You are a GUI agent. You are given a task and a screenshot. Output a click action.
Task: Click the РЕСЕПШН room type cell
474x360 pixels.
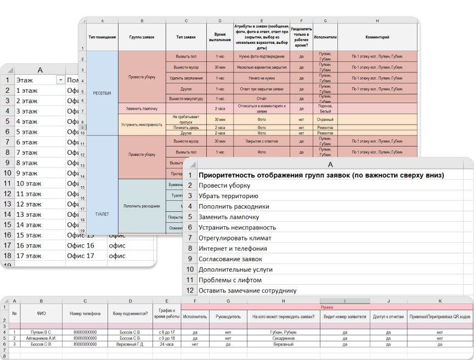pyautogui.click(x=102, y=93)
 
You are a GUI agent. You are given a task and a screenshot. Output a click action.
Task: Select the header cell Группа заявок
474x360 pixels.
pyautogui.click(x=142, y=37)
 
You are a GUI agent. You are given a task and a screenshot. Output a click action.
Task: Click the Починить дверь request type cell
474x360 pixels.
pyautogui.click(x=186, y=127)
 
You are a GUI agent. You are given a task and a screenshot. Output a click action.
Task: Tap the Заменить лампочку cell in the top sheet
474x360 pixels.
pyautogui.click(x=142, y=109)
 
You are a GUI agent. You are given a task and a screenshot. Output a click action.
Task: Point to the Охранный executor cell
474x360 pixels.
pyautogui.click(x=325, y=119)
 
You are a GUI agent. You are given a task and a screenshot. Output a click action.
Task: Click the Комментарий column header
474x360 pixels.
pyautogui.click(x=377, y=37)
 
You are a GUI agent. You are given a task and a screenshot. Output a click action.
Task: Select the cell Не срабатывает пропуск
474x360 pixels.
pyautogui.click(x=186, y=119)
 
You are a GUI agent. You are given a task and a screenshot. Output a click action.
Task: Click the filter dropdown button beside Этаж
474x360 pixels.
pyautogui.click(x=60, y=80)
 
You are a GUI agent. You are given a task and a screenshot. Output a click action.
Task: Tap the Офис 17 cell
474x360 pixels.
pyautogui.click(x=81, y=256)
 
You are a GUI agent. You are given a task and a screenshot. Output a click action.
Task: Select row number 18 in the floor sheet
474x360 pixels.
pyautogui.click(x=7, y=256)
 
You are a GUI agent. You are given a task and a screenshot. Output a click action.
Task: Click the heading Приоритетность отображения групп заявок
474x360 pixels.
pyautogui.click(x=321, y=175)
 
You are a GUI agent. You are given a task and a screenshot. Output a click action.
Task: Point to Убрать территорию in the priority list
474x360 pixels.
pyautogui.click(x=228, y=196)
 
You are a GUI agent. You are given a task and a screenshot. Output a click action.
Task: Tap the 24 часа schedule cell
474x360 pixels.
pyautogui.click(x=167, y=344)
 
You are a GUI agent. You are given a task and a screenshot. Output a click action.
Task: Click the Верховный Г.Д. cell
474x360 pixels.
pyautogui.click(x=130, y=344)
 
